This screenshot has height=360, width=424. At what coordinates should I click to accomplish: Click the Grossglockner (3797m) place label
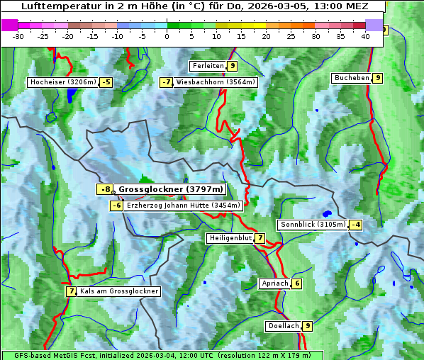171,189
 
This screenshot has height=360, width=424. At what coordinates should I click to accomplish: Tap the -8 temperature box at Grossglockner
105,189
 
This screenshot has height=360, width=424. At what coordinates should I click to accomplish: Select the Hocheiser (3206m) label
62,82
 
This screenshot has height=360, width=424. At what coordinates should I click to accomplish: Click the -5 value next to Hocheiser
106,82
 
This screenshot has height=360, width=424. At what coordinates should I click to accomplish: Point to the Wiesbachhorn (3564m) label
216,82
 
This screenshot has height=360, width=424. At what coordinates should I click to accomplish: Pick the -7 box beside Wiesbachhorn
167,82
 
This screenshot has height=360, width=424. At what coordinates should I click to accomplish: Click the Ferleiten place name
208,66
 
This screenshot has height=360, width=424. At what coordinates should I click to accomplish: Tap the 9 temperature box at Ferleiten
233,66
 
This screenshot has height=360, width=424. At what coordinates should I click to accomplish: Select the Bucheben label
352,78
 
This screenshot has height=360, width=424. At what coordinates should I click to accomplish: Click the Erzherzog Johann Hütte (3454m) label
184,206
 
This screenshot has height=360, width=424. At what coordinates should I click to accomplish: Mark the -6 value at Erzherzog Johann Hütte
116,206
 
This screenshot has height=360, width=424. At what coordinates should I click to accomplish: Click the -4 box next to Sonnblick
356,225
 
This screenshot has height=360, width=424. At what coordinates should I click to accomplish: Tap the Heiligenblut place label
230,238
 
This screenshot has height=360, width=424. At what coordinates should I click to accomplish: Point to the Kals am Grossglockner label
118,291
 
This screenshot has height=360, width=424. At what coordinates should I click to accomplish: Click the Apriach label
275,283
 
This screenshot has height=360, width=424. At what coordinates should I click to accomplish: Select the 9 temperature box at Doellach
307,326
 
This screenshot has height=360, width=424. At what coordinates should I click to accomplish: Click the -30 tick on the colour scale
18,35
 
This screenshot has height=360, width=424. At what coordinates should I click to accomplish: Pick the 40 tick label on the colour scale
365,35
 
